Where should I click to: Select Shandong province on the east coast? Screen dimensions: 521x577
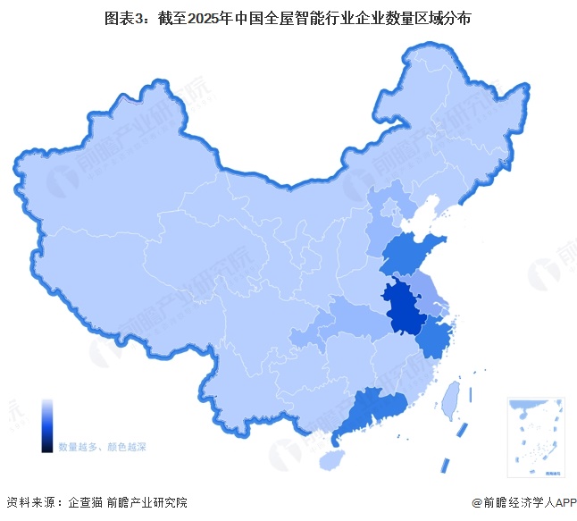click(413, 252)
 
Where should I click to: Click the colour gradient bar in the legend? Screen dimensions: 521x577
click(47, 425)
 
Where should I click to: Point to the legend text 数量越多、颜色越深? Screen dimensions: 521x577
click(103, 445)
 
